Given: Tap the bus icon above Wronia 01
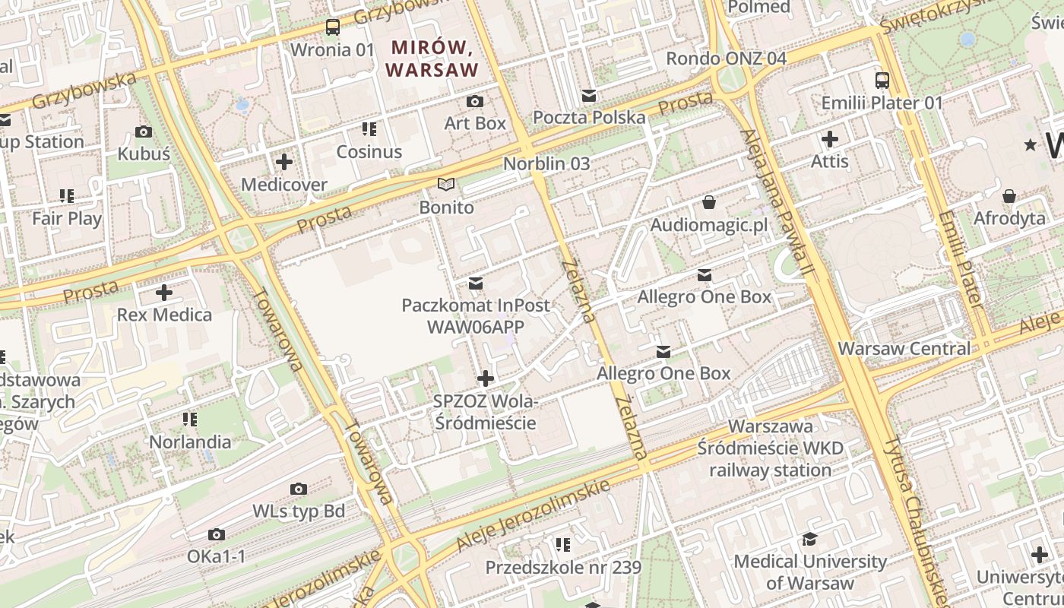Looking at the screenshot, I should [333, 27].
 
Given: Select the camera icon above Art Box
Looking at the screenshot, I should [475, 101].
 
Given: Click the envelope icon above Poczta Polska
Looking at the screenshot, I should [589, 96].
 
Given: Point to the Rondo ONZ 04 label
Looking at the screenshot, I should [726, 59].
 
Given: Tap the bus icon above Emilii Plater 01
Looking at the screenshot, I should [882, 81].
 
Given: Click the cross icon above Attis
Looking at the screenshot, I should [830, 139].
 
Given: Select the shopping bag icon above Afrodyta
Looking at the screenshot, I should [1009, 197].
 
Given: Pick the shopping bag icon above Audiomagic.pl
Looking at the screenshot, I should [709, 202].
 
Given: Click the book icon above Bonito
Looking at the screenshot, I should [446, 185].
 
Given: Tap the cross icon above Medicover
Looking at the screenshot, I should [284, 162].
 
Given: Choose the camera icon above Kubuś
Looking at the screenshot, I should [144, 132].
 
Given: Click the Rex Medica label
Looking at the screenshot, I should [164, 315].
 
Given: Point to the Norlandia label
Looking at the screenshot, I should [190, 442].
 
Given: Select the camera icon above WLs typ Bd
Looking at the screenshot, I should [299, 489].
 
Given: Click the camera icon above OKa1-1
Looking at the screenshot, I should [217, 535].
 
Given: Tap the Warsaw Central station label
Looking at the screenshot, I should [904, 349].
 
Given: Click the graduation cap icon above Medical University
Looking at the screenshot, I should [810, 540].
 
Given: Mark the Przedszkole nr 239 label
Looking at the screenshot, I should [563, 568].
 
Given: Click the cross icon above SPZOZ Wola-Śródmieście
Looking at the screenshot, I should [486, 378].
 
